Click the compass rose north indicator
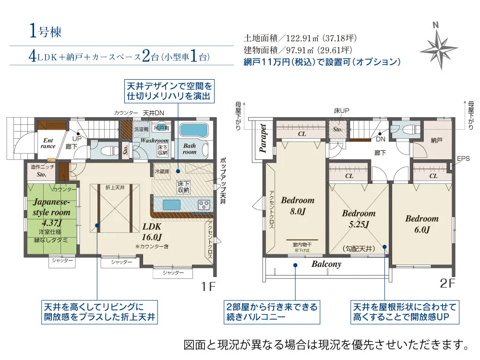pyautogui.click(x=439, y=46)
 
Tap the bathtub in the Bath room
pyautogui.click(x=193, y=130)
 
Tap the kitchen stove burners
pyautogui.click(x=204, y=204)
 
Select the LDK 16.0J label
pyautogui.click(x=152, y=231)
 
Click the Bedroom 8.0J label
pyautogui.click(x=298, y=205)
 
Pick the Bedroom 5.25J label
pyautogui.click(x=359, y=218)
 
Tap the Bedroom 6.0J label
pyautogui.click(x=422, y=224)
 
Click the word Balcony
pyautogui.click(x=326, y=264)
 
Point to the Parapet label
pyautogui.click(x=263, y=138)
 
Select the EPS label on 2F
pyautogui.click(x=463, y=158)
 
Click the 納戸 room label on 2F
pyautogui.click(x=436, y=140)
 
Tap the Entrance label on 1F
pyautogui.click(x=48, y=143)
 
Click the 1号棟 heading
pyautogui.click(x=45, y=31)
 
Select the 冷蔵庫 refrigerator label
pyautogui.click(x=162, y=171)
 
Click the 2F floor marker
pyautogui.click(x=447, y=284)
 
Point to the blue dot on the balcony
pyautogui.click(x=295, y=265)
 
